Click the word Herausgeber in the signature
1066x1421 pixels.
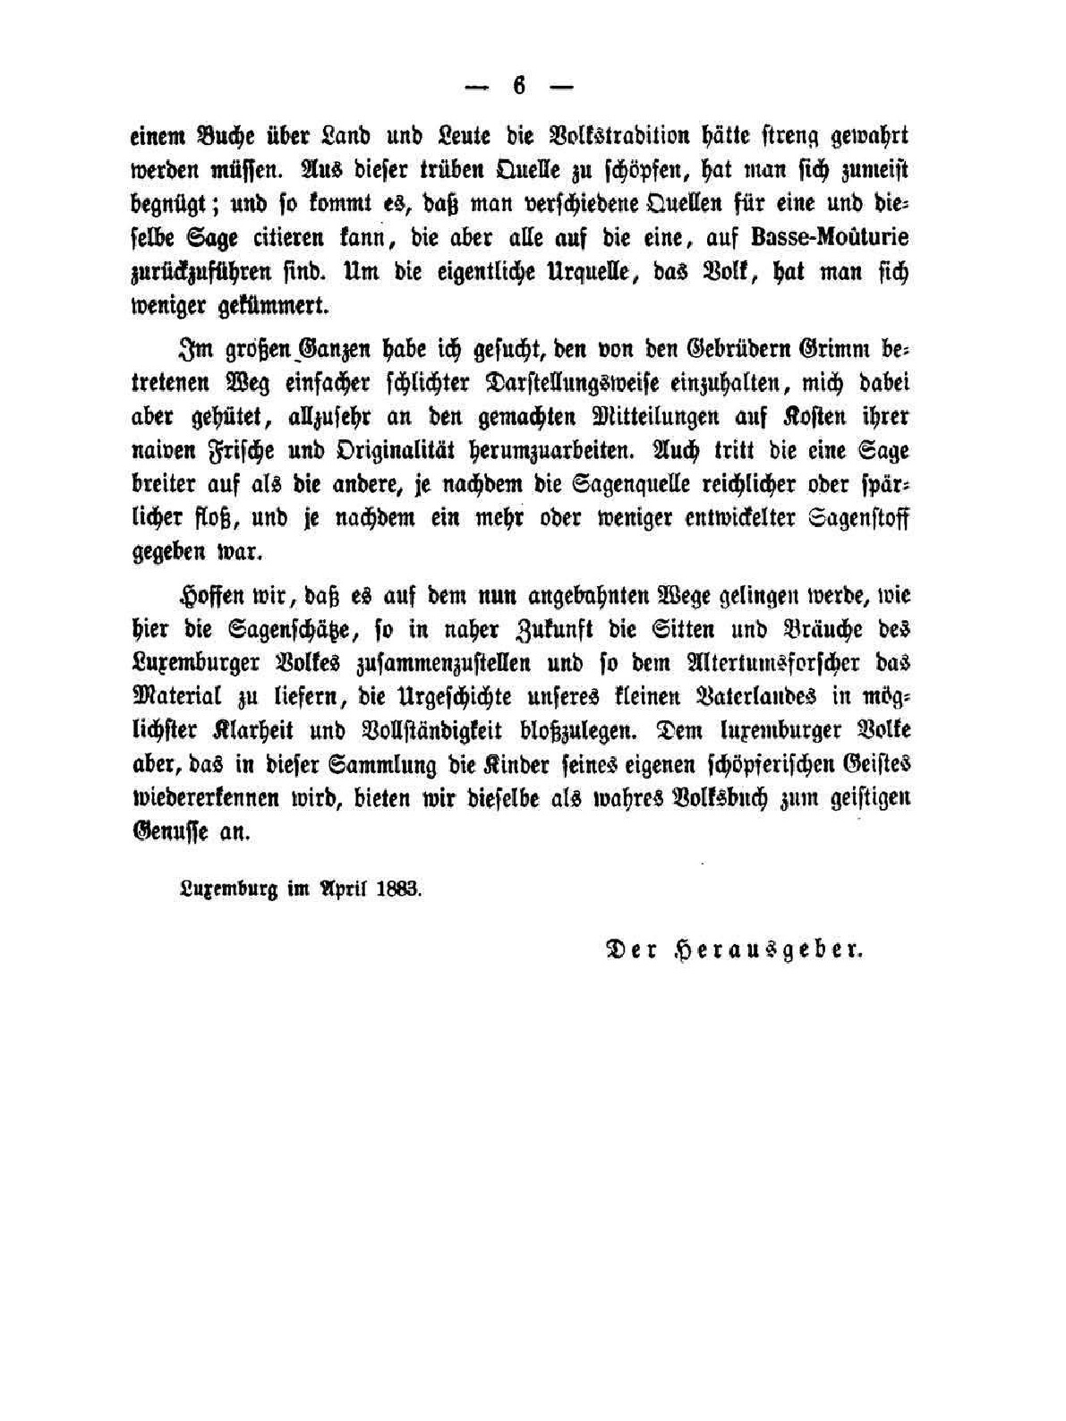pos(770,949)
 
